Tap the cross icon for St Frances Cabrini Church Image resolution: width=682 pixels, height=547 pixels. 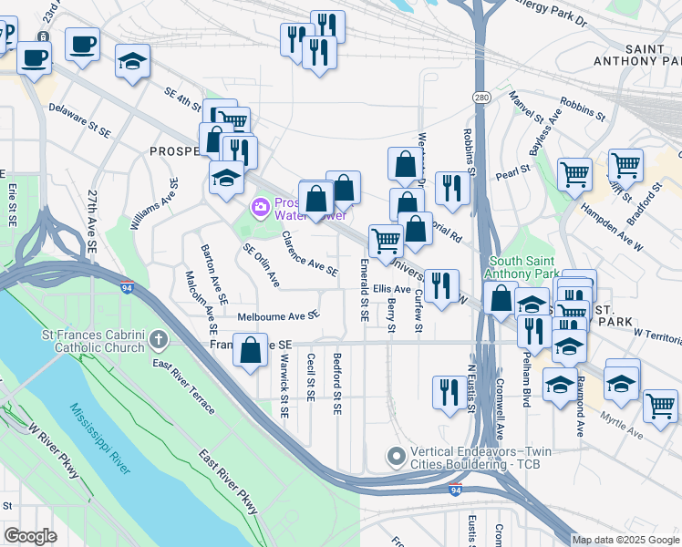point(159,341)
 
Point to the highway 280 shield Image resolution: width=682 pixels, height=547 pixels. point(481,98)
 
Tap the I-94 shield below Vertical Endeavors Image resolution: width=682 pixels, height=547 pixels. point(455,490)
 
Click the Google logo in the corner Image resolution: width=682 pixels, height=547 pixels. point(30,535)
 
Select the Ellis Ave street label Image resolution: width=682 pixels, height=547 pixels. point(392,289)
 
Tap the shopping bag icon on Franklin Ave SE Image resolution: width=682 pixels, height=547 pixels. point(250,350)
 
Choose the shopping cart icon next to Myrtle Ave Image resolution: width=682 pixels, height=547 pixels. point(660,404)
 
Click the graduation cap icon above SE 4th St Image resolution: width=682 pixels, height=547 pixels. point(133,61)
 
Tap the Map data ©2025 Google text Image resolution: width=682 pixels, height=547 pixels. point(625,540)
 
